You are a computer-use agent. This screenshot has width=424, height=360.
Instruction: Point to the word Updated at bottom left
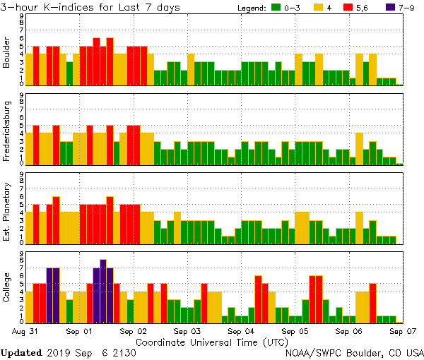(21, 352)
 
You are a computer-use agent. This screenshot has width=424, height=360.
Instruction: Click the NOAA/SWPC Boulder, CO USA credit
(354, 352)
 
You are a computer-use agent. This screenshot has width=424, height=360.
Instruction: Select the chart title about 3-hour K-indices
(90, 7)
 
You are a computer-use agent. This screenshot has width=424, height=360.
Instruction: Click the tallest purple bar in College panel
(103, 290)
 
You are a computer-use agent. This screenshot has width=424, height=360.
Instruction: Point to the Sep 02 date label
(134, 330)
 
